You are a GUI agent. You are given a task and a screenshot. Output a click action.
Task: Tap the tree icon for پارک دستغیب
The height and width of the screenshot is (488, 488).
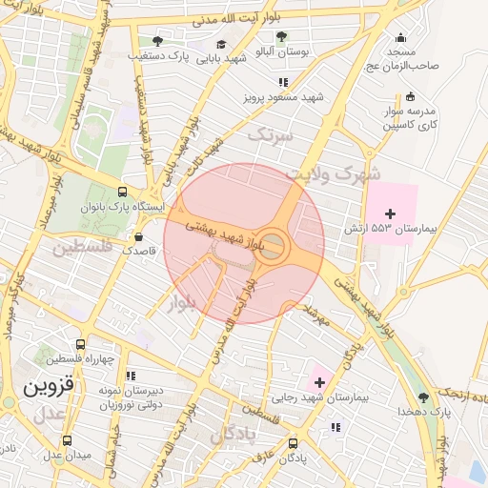(x=157, y=41)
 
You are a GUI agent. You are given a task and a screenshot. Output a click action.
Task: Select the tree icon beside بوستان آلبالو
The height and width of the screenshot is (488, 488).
(x=281, y=36)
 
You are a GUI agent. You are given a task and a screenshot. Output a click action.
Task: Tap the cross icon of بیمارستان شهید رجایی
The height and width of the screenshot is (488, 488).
(x=319, y=382)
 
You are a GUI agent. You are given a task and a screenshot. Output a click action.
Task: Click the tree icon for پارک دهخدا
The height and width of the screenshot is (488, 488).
(x=423, y=396)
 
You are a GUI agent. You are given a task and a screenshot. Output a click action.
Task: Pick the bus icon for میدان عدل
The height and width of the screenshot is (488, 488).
(x=67, y=440)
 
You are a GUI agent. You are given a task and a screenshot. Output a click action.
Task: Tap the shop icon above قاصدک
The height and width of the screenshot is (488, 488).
(x=139, y=237)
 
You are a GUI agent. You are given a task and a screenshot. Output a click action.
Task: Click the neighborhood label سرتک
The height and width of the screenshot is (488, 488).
(x=267, y=135)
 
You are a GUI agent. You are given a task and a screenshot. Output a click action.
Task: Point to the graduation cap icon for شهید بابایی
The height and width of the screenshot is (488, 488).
(x=221, y=44)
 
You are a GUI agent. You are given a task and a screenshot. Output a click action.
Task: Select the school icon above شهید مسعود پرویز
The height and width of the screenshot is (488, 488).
(x=285, y=81)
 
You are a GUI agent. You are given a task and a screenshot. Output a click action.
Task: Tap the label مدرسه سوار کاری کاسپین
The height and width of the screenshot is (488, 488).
(x=410, y=116)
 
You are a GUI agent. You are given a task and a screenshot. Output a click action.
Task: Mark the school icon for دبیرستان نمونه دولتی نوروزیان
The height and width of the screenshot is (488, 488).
(x=131, y=376)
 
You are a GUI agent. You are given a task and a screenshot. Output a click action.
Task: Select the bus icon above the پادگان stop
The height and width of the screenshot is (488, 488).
(x=292, y=442)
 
